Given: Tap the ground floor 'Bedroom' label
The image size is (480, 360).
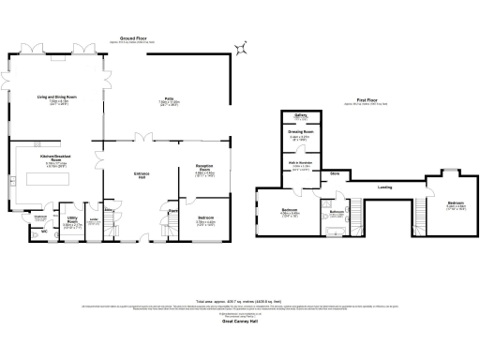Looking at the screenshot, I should click(x=205, y=217).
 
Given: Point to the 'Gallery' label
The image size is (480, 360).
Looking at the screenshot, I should click(x=301, y=117).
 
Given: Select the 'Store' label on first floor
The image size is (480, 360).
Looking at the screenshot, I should click(x=334, y=174).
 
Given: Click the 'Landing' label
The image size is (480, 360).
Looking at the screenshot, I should click(x=384, y=187).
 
